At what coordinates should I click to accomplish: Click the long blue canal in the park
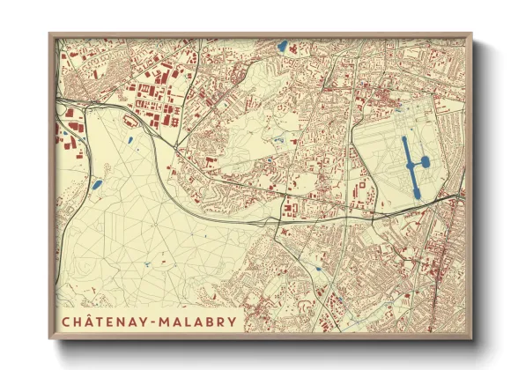pyautogui.click(x=410, y=164)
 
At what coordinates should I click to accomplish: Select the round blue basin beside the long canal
pyautogui.click(x=424, y=161)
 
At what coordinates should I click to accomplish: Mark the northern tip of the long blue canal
pyautogui.click(x=405, y=137)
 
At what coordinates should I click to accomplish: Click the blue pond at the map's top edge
pyautogui.click(x=282, y=46)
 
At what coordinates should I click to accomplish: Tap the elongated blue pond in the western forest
pyautogui.click(x=96, y=185)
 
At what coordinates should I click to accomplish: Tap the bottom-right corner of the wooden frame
pyautogui.click(x=472, y=339)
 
